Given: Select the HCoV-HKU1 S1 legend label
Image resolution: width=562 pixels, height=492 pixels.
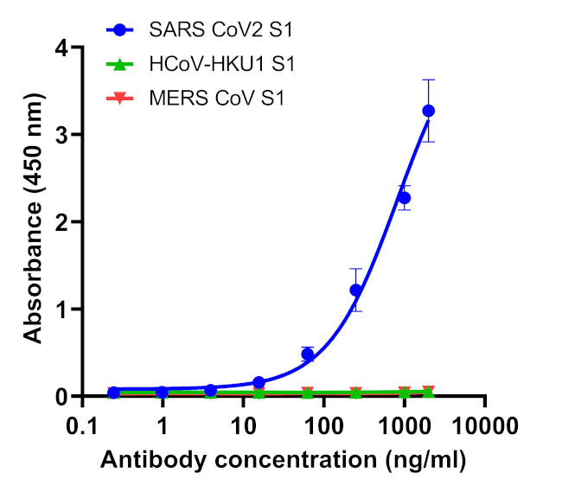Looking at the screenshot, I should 227,65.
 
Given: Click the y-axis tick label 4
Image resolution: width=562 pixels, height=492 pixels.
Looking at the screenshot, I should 62,48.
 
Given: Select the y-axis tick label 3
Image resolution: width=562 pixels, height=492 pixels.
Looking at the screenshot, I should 62,135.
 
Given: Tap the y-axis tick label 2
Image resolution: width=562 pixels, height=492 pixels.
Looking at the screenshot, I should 62,222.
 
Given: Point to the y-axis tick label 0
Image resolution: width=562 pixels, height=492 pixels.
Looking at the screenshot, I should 62,397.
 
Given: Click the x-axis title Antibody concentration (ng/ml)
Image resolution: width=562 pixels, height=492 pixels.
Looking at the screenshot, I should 284,461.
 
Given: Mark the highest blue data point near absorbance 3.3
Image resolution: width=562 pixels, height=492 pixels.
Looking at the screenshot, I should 428,111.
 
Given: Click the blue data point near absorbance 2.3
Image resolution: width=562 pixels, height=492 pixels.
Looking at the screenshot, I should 404,198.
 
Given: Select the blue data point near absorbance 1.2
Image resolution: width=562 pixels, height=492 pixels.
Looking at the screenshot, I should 355,290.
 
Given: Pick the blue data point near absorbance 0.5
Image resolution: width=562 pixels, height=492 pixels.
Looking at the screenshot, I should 307,355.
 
